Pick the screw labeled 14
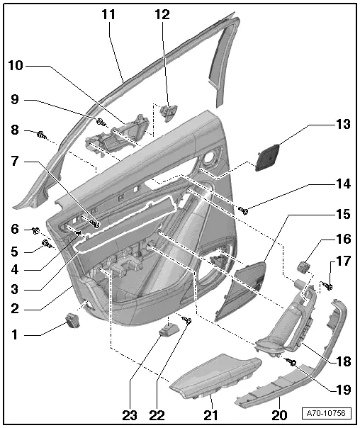coord(242,209)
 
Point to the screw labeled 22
coord(189,321)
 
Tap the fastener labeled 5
coord(47,244)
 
